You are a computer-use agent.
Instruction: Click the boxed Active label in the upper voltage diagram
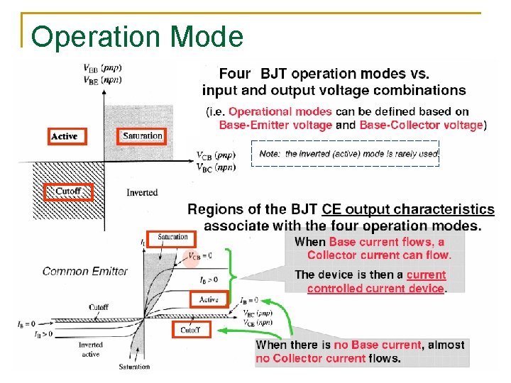tap(65, 135)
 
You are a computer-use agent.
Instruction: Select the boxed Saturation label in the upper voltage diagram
tap(142, 135)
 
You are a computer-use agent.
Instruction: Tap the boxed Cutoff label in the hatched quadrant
tap(68, 191)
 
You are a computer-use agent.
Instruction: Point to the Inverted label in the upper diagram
tap(142, 192)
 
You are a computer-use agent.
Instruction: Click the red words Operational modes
tap(280, 111)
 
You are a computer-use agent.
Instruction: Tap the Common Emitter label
tap(85, 271)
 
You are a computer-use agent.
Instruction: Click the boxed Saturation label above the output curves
tap(172, 237)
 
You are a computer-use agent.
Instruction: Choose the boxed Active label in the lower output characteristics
tap(208, 299)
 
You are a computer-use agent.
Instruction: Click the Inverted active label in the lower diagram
tap(90, 349)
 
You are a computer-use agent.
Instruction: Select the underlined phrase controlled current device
tap(375, 288)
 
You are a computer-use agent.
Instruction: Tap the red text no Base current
tap(378, 345)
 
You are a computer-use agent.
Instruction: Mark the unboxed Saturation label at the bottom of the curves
tap(134, 367)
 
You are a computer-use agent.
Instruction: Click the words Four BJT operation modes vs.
tap(324, 73)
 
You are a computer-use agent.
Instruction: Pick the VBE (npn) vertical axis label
tap(91, 81)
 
